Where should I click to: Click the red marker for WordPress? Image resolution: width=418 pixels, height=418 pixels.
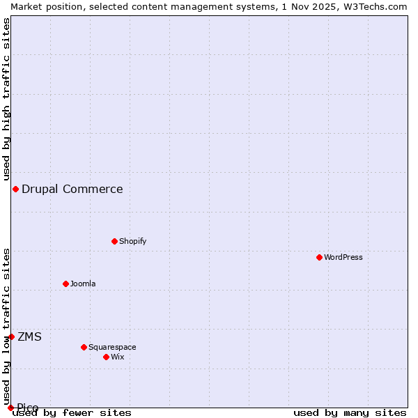[319, 257]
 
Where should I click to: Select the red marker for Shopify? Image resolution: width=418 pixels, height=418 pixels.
[114, 241]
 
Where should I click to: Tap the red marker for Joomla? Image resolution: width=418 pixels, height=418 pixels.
[65, 284]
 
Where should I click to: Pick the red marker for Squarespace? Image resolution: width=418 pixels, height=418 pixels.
[84, 347]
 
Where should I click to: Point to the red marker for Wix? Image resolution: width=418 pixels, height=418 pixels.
[106, 357]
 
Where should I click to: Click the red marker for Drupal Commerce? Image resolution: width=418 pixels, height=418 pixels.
[15, 189]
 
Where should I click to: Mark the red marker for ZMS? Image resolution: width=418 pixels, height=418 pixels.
[11, 336]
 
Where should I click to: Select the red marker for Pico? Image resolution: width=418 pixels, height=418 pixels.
[10, 408]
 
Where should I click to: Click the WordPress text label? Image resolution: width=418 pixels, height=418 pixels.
[343, 257]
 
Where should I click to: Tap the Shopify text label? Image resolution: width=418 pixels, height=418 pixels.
[133, 241]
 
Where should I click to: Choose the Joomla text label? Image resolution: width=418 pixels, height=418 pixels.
[83, 284]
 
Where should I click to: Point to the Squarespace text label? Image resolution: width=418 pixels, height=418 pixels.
[112, 347]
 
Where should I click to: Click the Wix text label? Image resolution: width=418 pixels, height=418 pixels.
[118, 357]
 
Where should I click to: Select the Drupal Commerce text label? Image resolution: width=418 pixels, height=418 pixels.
[72, 189]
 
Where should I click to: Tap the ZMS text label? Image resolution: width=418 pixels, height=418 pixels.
[30, 337]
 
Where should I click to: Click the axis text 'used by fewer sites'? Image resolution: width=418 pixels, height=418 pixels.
[72, 412]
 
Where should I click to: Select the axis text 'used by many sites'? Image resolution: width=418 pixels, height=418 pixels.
[350, 412]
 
